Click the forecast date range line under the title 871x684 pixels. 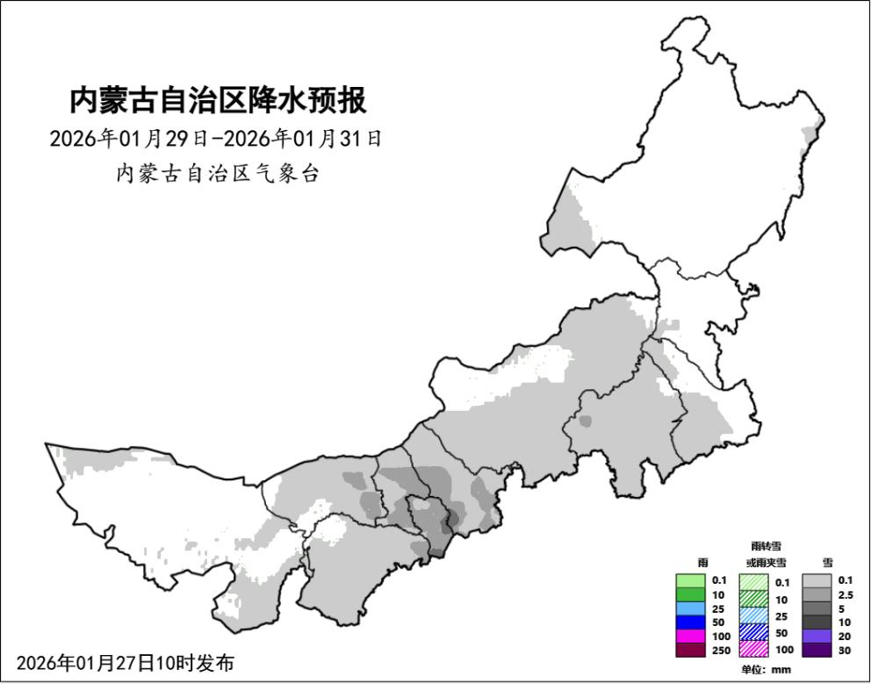(x=216, y=139)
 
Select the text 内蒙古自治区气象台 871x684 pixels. (x=218, y=174)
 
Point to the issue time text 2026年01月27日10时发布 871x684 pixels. (x=126, y=662)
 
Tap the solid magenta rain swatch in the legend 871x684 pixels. (x=690, y=635)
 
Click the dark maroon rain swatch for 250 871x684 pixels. (x=690, y=650)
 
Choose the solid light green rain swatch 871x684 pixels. (x=690, y=580)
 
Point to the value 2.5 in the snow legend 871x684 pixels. (x=846, y=594)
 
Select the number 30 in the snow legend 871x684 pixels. (x=845, y=650)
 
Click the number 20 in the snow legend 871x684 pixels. (x=845, y=636)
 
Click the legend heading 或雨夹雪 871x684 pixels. (x=766, y=562)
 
